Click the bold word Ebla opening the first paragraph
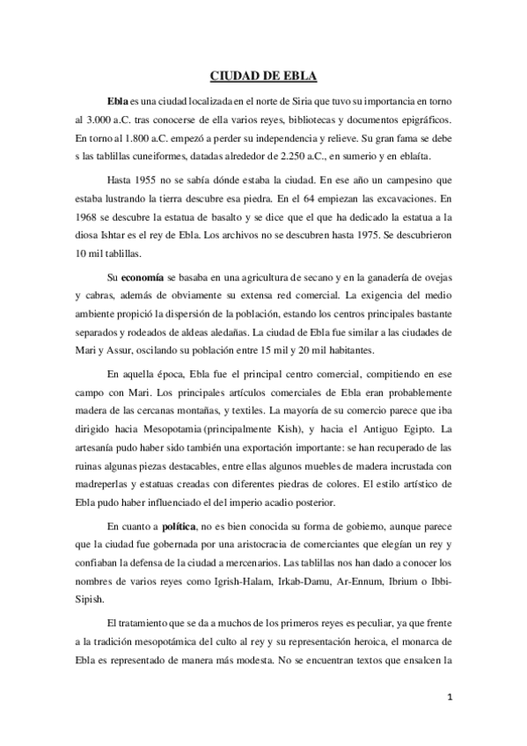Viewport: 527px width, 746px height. [117, 101]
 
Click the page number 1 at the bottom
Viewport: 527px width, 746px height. [449, 696]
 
